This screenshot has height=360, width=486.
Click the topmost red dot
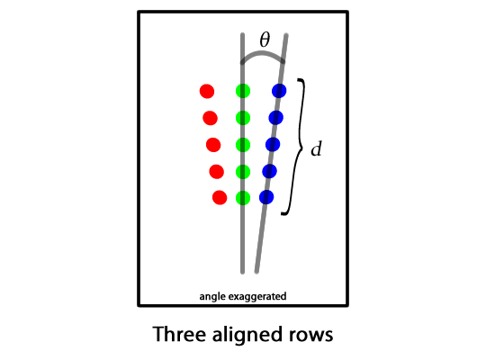tap(207, 91)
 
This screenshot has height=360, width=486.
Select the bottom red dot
tap(220, 197)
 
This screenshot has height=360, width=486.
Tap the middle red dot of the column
tap(213, 145)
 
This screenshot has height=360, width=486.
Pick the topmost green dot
tap(243, 91)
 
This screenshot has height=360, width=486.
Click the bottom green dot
tap(243, 197)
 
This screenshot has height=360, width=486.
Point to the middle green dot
tap(243, 145)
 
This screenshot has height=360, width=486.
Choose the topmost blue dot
tap(279, 91)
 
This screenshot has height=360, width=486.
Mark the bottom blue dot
tap(266, 197)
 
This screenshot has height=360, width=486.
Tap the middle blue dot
tap(273, 145)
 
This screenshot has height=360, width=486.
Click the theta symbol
tap(265, 40)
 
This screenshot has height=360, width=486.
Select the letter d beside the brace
tap(317, 148)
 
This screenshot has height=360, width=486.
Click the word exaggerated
tap(257, 297)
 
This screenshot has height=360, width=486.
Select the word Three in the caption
tap(180, 334)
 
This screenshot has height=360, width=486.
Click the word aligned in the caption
tap(247, 335)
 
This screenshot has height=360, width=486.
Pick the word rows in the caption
tap(310, 336)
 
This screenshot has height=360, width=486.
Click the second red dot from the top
tap(210, 118)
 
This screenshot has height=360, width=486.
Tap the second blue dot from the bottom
tap(269, 171)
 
